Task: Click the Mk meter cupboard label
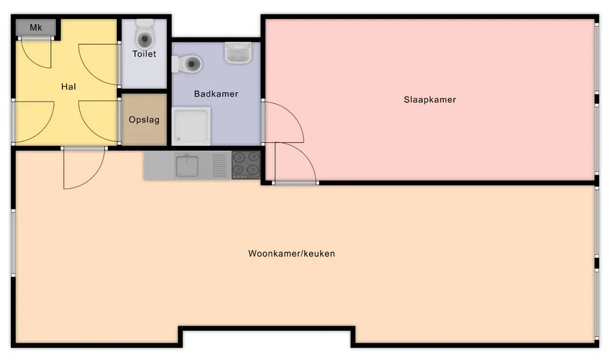pos(36,28)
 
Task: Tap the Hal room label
pos(69,86)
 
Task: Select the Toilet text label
pos(144,54)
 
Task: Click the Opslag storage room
pos(144,120)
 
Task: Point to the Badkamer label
pos(216,94)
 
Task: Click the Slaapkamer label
pos(430,100)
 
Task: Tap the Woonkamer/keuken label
pos(291,253)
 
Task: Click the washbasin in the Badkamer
pos(239,53)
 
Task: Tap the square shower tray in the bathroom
pos(192,126)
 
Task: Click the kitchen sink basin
pos(187,166)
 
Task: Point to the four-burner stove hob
pos(246,165)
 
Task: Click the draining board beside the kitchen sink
pos(220,166)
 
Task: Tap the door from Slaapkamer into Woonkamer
pos(294,163)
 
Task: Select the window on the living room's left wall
pos(13,242)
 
